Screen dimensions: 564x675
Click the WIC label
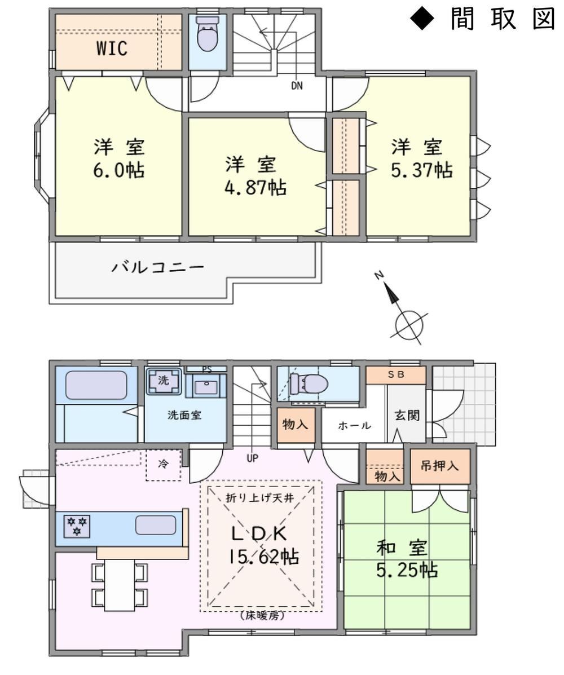pyautogui.click(x=112, y=48)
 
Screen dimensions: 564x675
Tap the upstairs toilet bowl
pyautogui.click(x=207, y=34)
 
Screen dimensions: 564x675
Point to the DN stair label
pyautogui.click(x=297, y=86)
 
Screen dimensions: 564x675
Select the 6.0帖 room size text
pyautogui.click(x=119, y=170)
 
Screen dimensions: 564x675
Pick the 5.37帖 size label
pyautogui.click(x=421, y=170)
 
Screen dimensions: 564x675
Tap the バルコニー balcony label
pyautogui.click(x=158, y=267)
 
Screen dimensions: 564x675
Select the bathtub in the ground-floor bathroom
pyautogui.click(x=96, y=385)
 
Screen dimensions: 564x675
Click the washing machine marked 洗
pyautogui.click(x=163, y=381)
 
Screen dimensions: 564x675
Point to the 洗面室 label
pyautogui.click(x=184, y=416)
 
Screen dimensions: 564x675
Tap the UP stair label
pyautogui.click(x=252, y=458)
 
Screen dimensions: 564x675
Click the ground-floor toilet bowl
pyautogui.click(x=309, y=383)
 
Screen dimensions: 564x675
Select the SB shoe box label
pyautogui.click(x=396, y=374)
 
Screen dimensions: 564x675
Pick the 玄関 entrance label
pyautogui.click(x=407, y=416)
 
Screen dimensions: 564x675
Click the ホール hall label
pyautogui.click(x=354, y=426)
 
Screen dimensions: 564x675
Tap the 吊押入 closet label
pyautogui.click(x=439, y=466)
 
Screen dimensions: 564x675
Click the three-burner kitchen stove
pyautogui.click(x=77, y=526)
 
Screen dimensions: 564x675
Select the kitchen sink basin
pyautogui.click(x=156, y=525)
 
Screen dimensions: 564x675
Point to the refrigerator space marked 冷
pyautogui.click(x=163, y=464)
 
